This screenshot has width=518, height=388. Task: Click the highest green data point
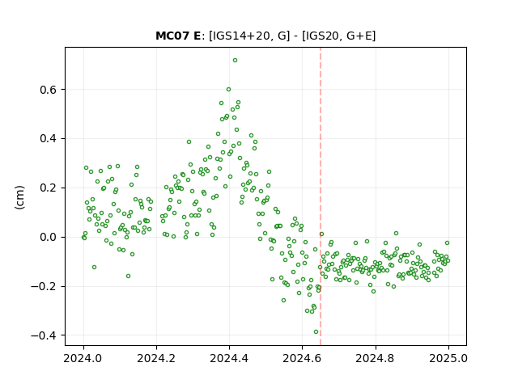tap(235, 61)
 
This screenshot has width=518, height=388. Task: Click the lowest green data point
tap(316, 332)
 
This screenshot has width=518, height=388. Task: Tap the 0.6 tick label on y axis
tap(49, 90)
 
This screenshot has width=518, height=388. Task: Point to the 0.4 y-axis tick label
tap(49, 138)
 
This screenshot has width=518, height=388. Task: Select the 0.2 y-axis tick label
tap(49, 188)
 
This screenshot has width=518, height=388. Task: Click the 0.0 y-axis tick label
tap(49, 237)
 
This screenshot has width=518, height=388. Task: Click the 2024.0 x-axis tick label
tap(83, 358)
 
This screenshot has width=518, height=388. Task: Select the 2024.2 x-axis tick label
tap(156, 358)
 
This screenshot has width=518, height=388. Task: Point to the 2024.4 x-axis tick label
tap(229, 358)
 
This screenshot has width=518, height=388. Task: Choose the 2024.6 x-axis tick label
tap(302, 358)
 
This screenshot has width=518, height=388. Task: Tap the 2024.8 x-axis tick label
tap(375, 358)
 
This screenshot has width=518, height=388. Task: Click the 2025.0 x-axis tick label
tap(448, 358)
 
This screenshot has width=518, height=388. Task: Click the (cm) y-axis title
tap(19, 197)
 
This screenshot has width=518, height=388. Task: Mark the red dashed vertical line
tap(321, 196)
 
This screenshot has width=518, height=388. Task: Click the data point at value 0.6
tap(228, 90)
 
